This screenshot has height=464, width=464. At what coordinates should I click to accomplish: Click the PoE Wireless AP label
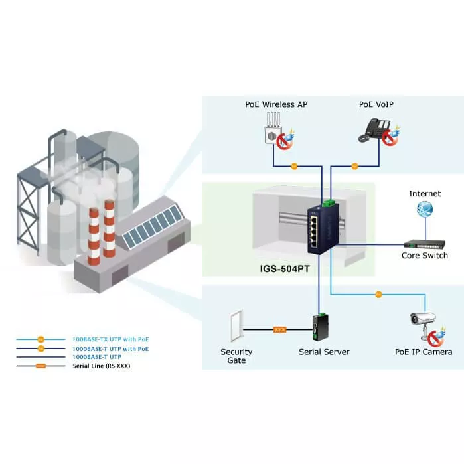coord(275,104)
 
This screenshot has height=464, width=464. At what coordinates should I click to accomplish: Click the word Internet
coord(425,194)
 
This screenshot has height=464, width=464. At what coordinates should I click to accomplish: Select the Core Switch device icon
coord(424,243)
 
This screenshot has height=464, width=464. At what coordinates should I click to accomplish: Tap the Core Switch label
coord(425,256)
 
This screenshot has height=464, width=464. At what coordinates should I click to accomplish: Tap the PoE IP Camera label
coord(423,352)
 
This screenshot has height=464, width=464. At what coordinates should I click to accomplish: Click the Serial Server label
coord(324,352)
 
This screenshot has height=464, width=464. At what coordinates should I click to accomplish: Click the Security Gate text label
coord(236,356)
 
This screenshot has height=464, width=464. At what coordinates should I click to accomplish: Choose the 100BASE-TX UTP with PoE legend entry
coord(110,339)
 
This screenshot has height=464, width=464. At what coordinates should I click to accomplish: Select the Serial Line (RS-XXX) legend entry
coord(101,366)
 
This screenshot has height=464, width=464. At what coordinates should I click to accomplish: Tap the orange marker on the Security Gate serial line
coord(280,329)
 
